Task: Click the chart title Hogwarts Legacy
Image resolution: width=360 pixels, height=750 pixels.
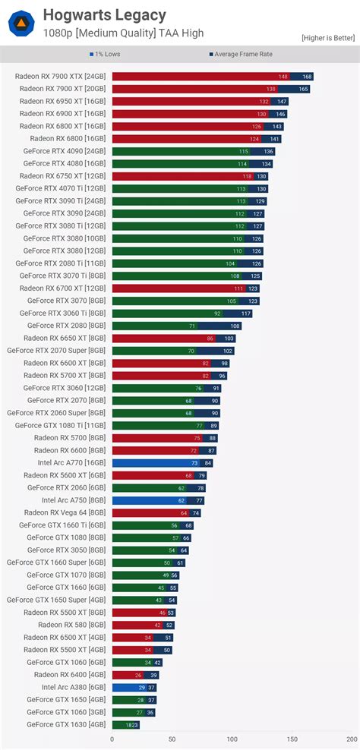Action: (104, 15)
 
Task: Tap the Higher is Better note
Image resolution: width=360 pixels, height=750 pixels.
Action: (328, 37)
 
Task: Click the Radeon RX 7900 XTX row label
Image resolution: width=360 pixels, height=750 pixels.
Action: (62, 77)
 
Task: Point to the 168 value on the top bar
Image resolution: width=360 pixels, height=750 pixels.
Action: (306, 77)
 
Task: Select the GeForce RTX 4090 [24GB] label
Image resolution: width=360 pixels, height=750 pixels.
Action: (65, 151)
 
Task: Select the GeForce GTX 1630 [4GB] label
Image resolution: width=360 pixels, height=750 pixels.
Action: (66, 724)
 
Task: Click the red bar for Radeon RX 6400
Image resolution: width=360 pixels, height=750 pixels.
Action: (125, 675)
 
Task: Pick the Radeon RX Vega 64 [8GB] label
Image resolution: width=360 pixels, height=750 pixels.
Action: (65, 512)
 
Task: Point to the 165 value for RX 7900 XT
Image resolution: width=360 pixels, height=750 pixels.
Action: (303, 89)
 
